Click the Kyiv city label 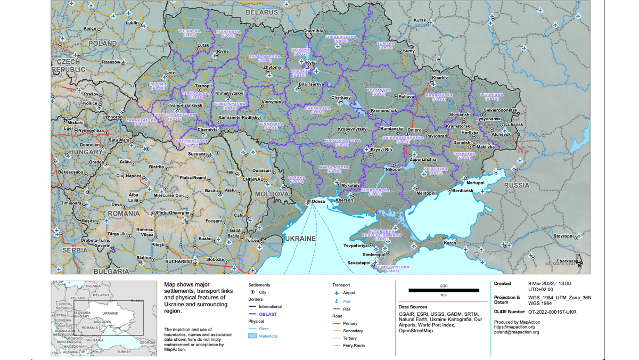[x=311, y=63]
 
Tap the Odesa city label [x=318, y=201]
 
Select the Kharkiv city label [x=440, y=78]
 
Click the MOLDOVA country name [x=271, y=194]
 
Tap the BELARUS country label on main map [x=261, y=12]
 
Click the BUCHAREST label [x=178, y=261]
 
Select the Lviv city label [x=170, y=72]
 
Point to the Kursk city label [x=420, y=20]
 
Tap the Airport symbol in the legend [x=336, y=293]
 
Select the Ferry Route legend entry [x=354, y=346]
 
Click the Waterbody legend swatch [x=252, y=336]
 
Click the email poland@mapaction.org [x=517, y=332]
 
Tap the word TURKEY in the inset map [x=125, y=351]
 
